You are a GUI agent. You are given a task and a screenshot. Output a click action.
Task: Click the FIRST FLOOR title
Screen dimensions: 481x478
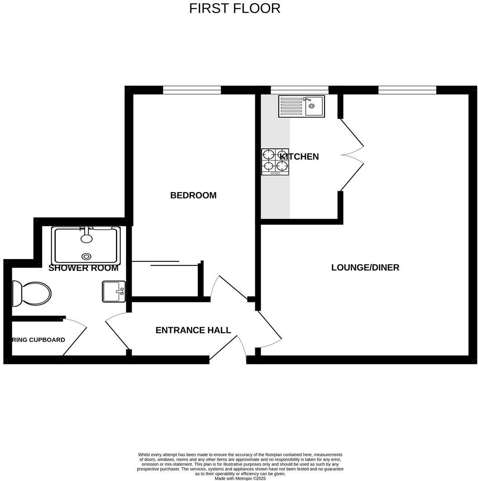234,9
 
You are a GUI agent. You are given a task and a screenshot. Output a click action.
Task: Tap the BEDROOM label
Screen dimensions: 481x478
193,195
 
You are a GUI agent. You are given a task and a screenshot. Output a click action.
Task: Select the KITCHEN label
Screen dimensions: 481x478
299,157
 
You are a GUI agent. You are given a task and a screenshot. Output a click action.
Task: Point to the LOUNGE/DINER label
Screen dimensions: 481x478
365,267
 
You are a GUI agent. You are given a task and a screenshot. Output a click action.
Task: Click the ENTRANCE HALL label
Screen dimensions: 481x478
193,330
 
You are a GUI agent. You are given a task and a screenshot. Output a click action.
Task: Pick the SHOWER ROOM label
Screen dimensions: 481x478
83,268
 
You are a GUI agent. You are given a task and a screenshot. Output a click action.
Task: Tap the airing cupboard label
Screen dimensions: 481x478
38,340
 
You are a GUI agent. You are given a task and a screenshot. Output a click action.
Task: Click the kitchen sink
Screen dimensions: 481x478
301,106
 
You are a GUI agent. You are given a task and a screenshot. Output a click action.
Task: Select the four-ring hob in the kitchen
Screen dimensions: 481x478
275,162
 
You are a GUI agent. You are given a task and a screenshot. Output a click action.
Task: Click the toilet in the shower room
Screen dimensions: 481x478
32,293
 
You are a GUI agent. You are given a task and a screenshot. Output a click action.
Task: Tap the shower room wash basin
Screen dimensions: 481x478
113,291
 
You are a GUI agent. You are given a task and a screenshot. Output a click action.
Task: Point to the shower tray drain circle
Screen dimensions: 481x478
86,256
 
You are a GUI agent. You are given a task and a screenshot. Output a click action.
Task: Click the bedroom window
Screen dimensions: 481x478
192,90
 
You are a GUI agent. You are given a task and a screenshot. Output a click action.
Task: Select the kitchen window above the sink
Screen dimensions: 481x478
299,90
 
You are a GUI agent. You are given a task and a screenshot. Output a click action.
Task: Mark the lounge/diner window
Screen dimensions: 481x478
407,90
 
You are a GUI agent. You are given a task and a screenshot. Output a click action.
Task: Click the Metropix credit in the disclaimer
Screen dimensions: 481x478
240,478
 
